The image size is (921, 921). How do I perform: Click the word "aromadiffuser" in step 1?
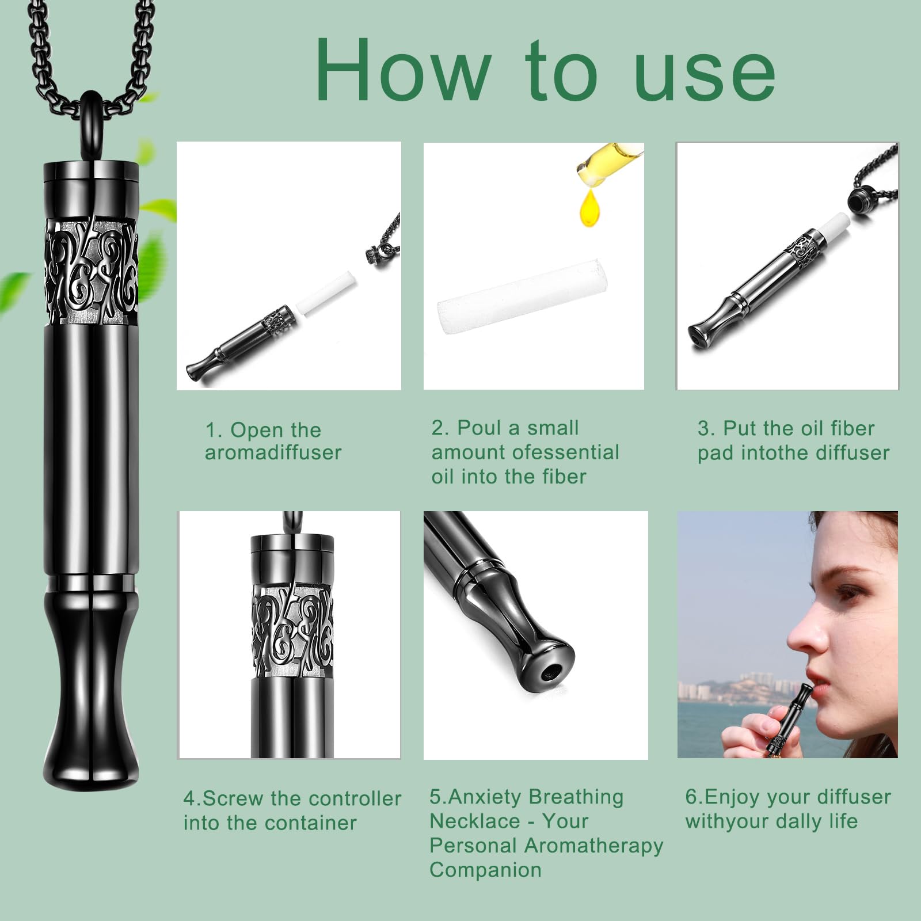click(273, 452)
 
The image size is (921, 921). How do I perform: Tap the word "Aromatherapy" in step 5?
click(594, 846)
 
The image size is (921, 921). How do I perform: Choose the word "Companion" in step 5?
click(485, 870)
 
